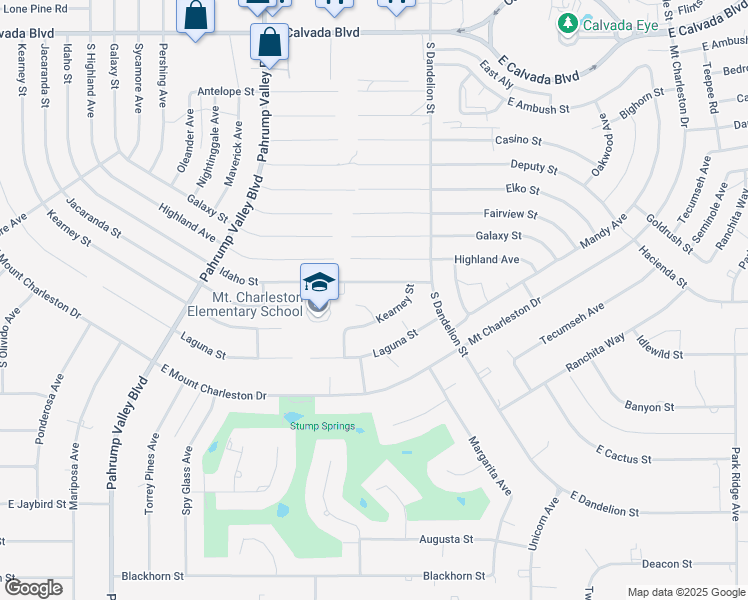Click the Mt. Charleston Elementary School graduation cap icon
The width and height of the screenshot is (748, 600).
click(319, 284)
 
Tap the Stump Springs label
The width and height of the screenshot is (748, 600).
click(322, 426)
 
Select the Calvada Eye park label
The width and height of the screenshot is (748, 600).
click(622, 24)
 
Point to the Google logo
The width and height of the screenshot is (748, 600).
click(33, 588)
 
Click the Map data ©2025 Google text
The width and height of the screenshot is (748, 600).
click(686, 592)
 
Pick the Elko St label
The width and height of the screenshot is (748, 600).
click(522, 189)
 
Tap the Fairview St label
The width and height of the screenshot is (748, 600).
click(510, 214)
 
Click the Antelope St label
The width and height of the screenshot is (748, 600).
click(226, 91)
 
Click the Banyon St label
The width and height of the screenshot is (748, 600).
click(649, 407)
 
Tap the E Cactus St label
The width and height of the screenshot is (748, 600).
click(623, 455)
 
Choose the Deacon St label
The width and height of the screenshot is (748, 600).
click(667, 563)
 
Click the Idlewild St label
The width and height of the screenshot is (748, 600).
click(657, 354)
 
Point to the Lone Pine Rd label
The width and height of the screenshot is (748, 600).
click(33, 7)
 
